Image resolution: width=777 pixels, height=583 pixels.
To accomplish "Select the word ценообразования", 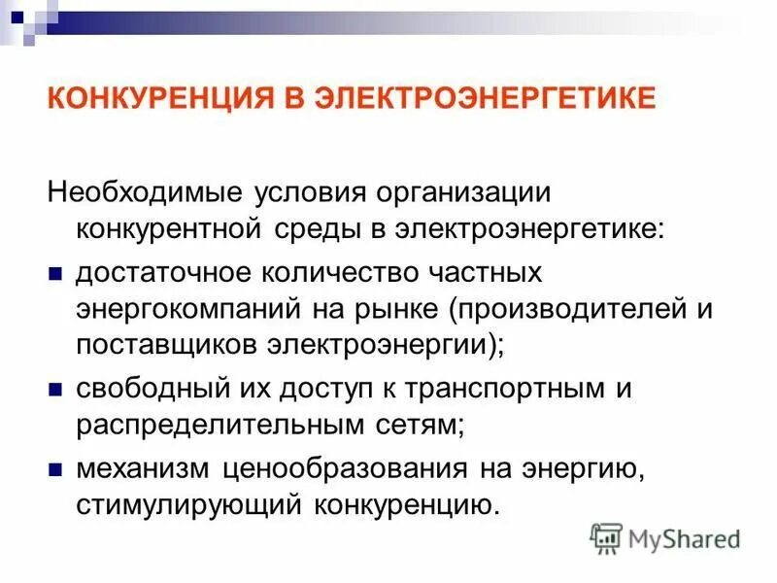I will coord(343,468).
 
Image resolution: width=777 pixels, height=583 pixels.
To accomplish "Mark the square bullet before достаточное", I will coord(55,271).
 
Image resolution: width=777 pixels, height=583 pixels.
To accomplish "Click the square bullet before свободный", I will coord(55,388).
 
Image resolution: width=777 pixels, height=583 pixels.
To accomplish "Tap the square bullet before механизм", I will coord(55,468).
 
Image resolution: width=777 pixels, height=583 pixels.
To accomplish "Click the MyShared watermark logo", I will coord(665,537).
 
